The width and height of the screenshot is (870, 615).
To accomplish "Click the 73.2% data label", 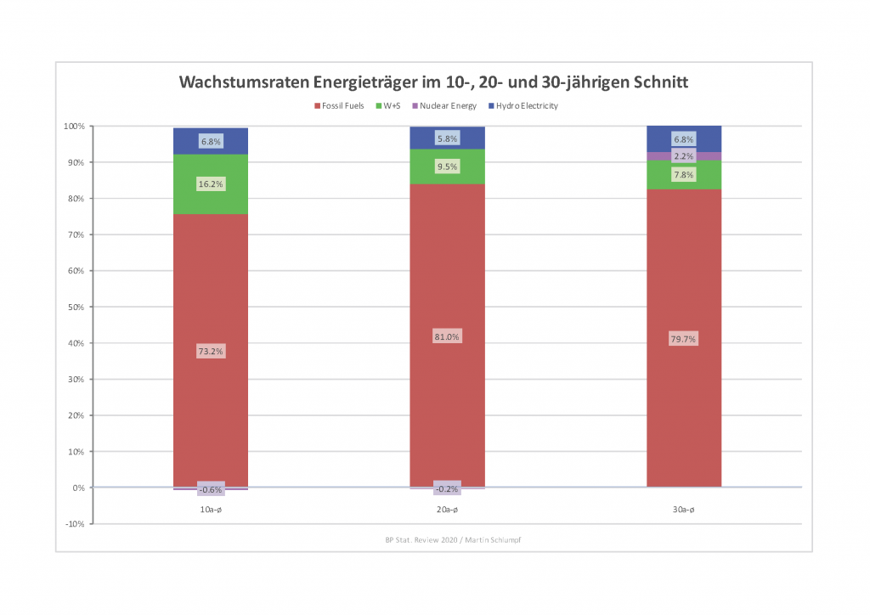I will [211, 351].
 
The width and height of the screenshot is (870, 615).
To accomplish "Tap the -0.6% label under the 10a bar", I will [211, 489].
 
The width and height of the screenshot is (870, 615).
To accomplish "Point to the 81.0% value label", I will [447, 337].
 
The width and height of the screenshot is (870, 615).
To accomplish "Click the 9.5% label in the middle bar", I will [447, 167].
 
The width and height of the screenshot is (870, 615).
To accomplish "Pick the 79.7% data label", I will [683, 340].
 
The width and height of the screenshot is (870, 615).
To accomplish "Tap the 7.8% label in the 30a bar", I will [683, 175].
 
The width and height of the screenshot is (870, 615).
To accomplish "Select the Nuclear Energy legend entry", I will [447, 106].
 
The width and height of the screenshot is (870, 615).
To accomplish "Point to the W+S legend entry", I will [390, 106].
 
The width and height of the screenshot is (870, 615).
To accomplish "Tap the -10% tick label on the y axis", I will [74, 524].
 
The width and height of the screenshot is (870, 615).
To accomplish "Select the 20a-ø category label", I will [447, 510].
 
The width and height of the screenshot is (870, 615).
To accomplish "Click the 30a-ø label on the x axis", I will [683, 510].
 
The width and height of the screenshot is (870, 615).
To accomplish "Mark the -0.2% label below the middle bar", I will [447, 489].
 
